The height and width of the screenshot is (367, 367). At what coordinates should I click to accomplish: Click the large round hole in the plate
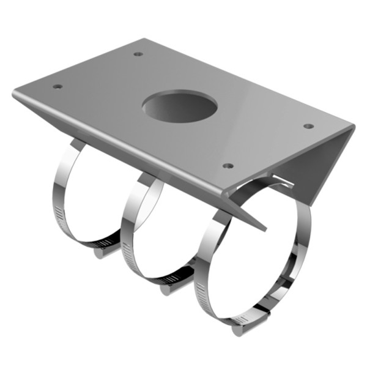[180, 106]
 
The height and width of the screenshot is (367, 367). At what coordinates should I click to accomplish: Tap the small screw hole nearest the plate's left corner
[57, 86]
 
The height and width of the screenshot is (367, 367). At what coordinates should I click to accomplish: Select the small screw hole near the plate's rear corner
[139, 54]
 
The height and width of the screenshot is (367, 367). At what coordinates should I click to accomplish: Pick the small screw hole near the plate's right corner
[309, 126]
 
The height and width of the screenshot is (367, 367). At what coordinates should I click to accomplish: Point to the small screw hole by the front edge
[228, 166]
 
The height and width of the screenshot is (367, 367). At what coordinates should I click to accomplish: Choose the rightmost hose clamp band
[202, 269]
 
